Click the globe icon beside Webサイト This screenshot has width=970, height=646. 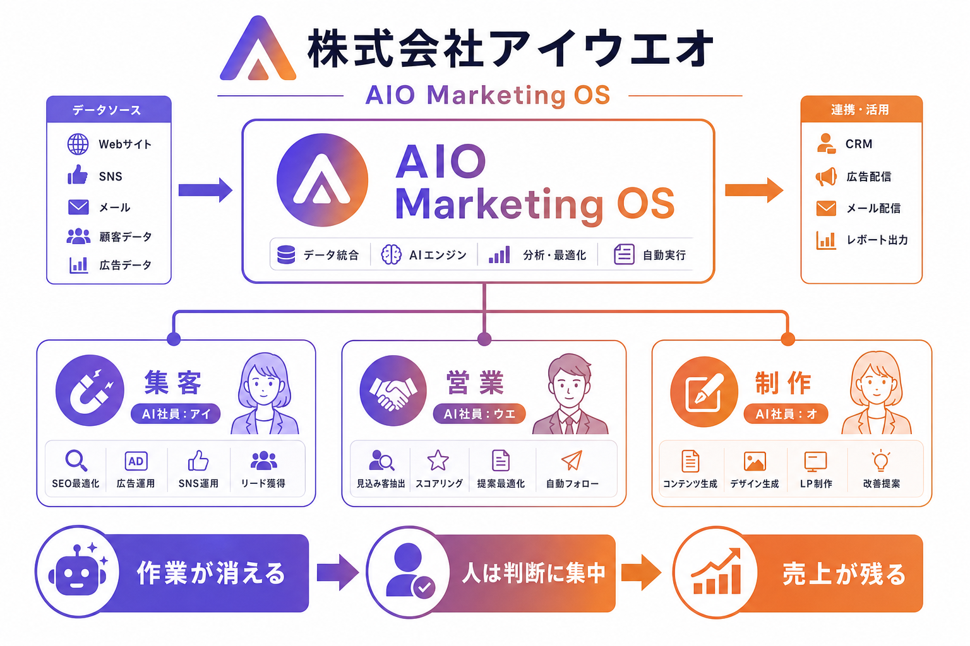(x=78, y=144)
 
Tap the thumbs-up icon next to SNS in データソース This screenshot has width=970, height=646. (x=78, y=175)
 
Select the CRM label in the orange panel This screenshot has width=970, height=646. (x=859, y=144)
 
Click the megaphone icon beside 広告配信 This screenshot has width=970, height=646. (x=826, y=177)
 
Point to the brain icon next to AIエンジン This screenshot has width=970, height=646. (x=391, y=254)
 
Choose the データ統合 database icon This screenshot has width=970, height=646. (x=286, y=254)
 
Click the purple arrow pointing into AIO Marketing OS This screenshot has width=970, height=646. (x=205, y=190)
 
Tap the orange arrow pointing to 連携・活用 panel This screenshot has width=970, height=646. (x=754, y=190)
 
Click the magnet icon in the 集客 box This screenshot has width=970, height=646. (x=90, y=391)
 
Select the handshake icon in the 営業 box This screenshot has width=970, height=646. (x=393, y=391)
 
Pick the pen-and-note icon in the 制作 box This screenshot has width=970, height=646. (x=704, y=392)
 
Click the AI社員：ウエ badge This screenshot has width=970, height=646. (x=479, y=414)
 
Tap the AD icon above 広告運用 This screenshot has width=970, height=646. (x=136, y=461)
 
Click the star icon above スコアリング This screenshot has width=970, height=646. (x=438, y=461)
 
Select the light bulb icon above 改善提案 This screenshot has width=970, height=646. (x=881, y=461)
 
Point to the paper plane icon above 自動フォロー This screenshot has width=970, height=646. (x=572, y=461)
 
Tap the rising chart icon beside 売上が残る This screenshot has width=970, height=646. (x=716, y=572)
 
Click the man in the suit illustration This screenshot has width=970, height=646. (x=570, y=394)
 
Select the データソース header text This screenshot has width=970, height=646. (x=107, y=110)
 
